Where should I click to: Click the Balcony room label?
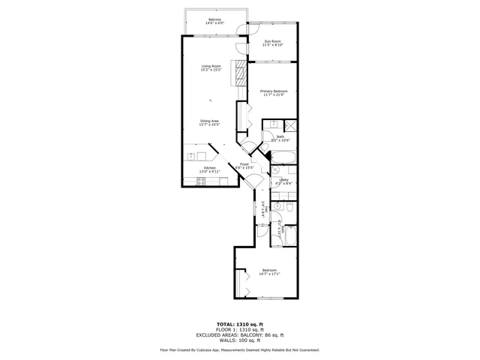[215, 19]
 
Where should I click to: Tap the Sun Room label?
[272, 40]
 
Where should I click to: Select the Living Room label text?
[211, 67]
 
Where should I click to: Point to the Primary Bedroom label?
[274, 91]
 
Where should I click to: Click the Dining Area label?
[209, 121]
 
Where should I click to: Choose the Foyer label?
[244, 163]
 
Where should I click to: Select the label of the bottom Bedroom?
[268, 270]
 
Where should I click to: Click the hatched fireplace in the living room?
[241, 76]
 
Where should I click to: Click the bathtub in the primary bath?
[283, 157]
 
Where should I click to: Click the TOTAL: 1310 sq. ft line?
[239, 323]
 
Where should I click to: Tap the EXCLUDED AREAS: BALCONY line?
[239, 334]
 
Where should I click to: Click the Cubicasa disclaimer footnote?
[239, 349]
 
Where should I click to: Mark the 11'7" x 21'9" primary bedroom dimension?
[274, 94]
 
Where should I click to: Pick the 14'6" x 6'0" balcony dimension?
[215, 23]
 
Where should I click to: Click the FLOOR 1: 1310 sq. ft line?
[239, 328]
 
